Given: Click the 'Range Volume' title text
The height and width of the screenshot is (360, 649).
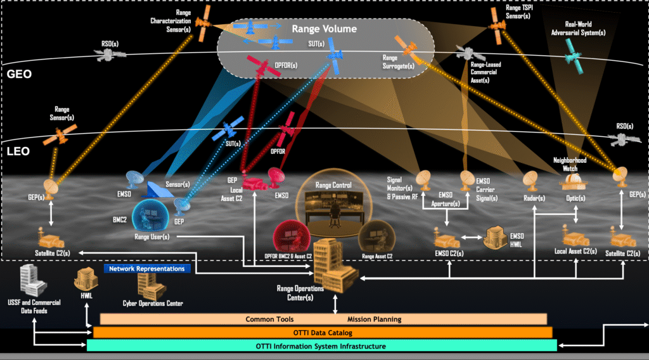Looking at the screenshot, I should [x=324, y=29].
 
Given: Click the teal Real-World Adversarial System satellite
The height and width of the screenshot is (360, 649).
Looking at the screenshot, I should [x=575, y=56].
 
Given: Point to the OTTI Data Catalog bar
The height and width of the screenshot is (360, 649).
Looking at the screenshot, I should [x=322, y=332].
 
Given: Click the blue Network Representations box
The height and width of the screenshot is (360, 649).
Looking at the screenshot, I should [x=147, y=269].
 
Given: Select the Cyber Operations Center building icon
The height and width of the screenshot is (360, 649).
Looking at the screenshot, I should [x=151, y=288].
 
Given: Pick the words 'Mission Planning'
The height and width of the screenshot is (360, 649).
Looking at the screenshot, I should [x=374, y=319].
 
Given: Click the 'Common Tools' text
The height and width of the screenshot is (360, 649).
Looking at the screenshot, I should [x=269, y=319].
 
